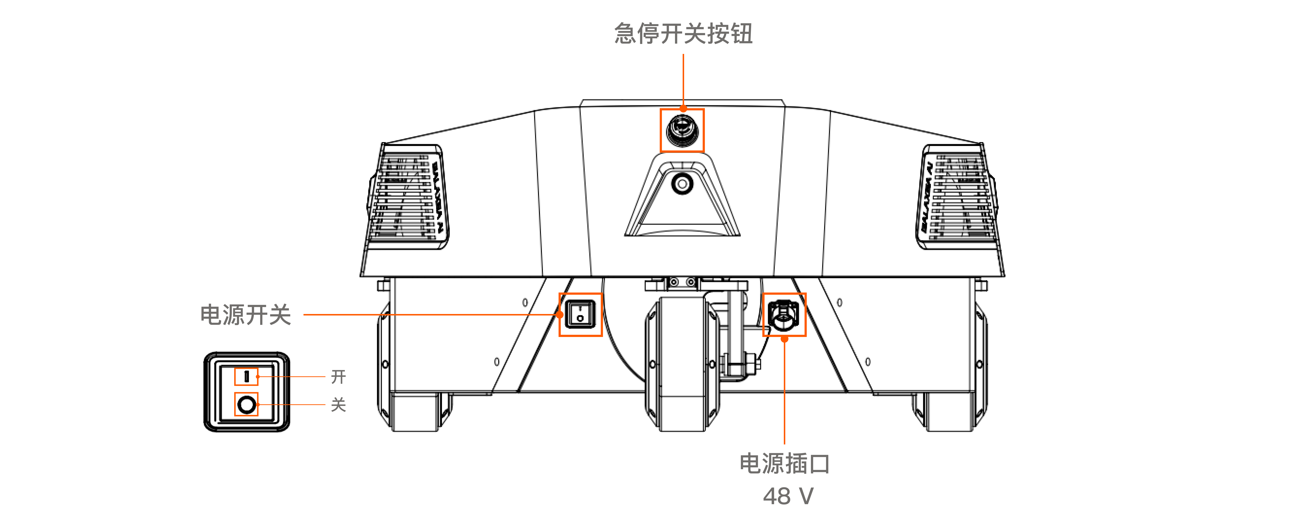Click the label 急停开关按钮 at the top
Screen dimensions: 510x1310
[683, 34]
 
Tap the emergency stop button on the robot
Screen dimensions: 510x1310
[682, 130]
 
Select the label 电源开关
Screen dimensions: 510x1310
[246, 315]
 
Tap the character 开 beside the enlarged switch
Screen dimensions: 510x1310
[338, 377]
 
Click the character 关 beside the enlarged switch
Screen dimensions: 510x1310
[338, 405]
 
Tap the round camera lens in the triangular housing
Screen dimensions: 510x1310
[682, 183]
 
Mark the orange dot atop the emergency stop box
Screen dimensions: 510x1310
[683, 108]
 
